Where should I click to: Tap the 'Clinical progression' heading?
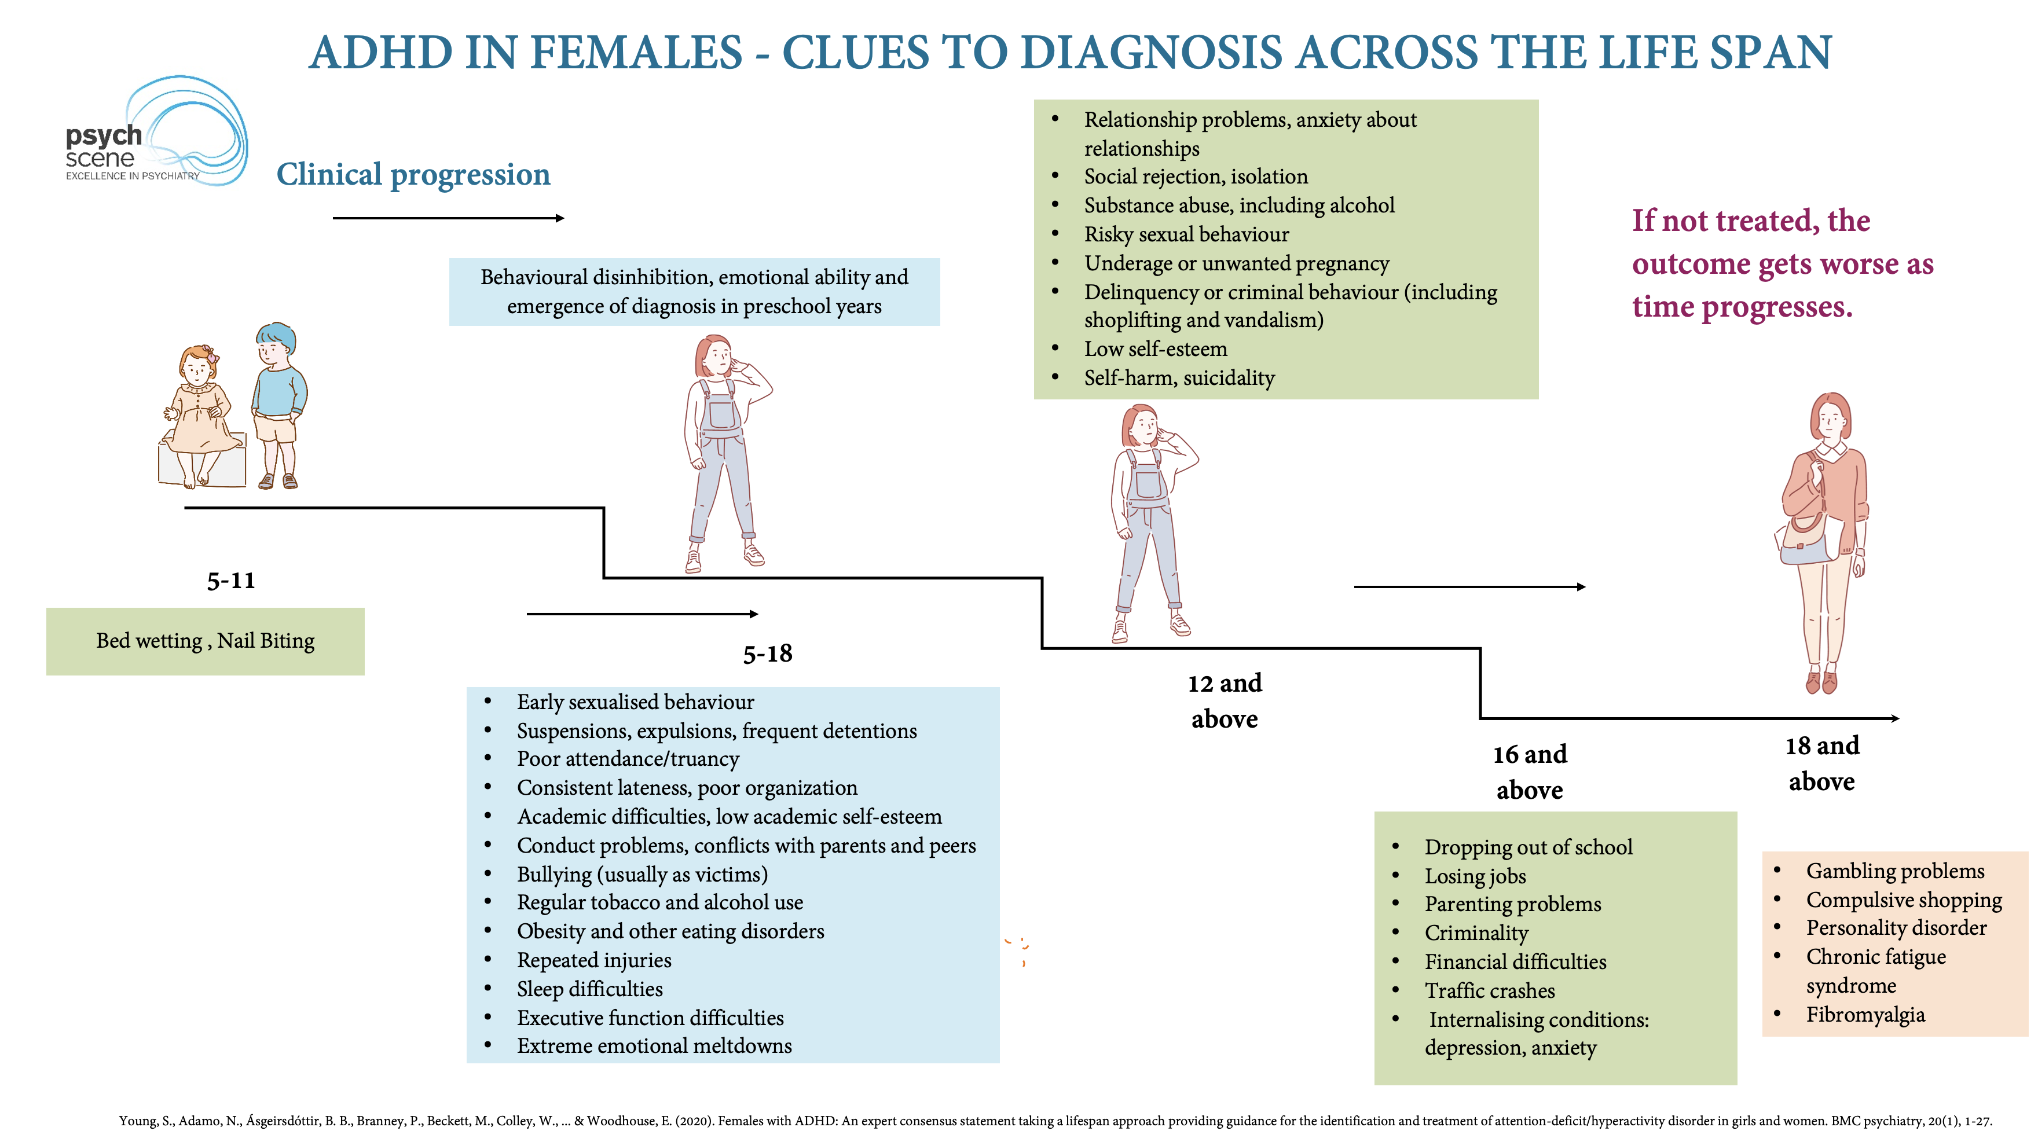click(413, 174)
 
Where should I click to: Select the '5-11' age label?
click(231, 581)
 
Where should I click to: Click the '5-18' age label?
click(767, 654)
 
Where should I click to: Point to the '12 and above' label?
click(1224, 700)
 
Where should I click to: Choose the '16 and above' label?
click(1529, 772)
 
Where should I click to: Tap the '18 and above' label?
click(1821, 763)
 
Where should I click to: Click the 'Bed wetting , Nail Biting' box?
click(205, 641)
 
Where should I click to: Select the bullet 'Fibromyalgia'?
click(1865, 1015)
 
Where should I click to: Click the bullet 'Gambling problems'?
click(1895, 871)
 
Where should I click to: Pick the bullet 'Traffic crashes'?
click(1489, 990)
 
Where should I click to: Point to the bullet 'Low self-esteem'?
click(1155, 349)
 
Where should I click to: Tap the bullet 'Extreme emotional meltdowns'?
click(654, 1045)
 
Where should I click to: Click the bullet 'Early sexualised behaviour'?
click(635, 702)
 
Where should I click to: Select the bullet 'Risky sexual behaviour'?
click(1186, 234)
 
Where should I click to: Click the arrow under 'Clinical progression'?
click(448, 218)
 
